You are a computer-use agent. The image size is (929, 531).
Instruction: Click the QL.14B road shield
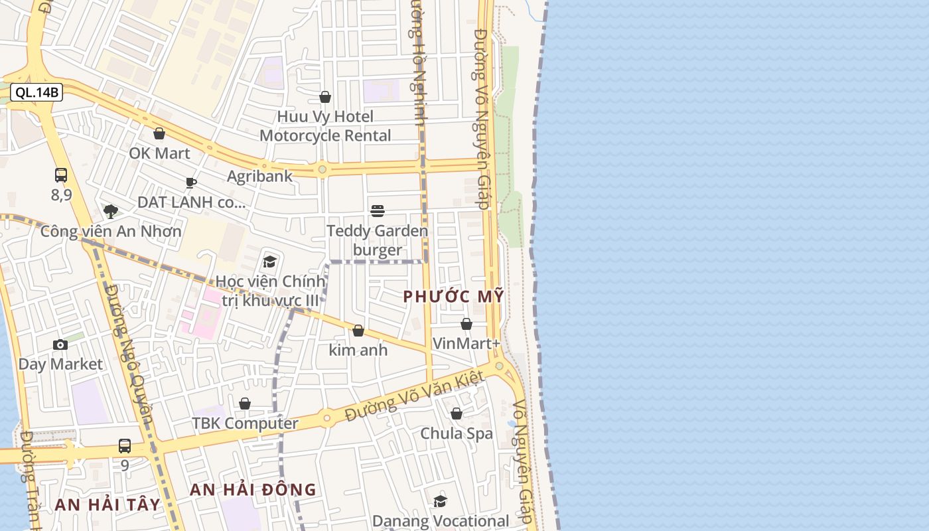click(37, 92)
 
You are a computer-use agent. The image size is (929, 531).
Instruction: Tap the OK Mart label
click(159, 153)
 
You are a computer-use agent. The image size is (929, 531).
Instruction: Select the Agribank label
click(259, 176)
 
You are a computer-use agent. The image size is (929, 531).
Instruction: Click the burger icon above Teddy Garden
click(378, 211)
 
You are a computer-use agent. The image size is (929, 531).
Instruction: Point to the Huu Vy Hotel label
click(325, 117)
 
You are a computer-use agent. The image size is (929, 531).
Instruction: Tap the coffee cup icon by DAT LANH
click(191, 183)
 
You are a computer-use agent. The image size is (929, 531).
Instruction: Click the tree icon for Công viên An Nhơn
click(111, 212)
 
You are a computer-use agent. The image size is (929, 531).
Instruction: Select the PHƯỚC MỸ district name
click(454, 297)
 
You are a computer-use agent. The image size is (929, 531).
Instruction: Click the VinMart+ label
click(466, 343)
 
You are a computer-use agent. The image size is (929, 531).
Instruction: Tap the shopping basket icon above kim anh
click(358, 331)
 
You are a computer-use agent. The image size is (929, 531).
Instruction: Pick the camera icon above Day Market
click(60, 344)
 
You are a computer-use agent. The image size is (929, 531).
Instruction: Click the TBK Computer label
click(245, 423)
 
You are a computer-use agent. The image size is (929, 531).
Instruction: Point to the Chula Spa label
click(457, 433)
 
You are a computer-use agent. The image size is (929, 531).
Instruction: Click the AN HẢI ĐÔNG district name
click(253, 490)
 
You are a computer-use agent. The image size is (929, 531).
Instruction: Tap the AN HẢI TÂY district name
click(107, 504)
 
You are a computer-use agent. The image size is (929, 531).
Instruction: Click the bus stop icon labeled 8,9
click(61, 175)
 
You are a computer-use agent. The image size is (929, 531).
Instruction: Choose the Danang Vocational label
click(440, 521)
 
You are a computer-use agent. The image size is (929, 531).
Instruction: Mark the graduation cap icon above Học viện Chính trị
click(269, 262)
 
